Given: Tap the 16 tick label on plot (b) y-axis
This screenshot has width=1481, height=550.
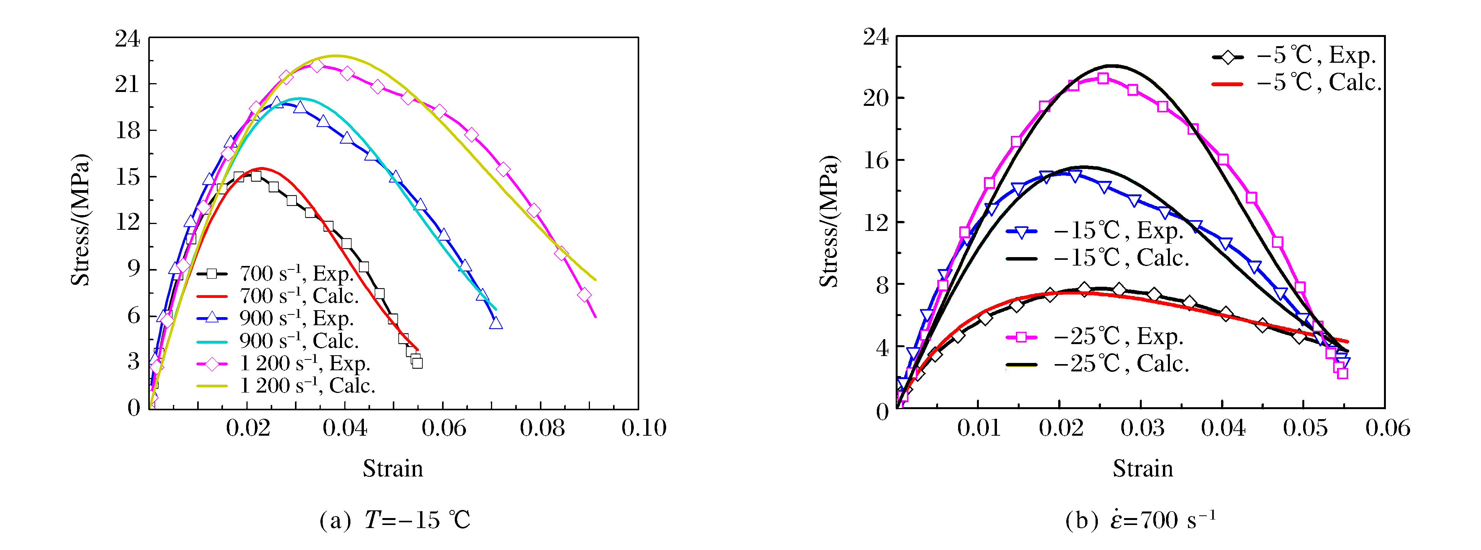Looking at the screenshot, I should point(876,160).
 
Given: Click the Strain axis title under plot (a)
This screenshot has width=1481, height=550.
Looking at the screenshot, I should point(393,469).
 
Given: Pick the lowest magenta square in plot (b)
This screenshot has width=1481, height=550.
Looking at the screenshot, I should point(1342,373).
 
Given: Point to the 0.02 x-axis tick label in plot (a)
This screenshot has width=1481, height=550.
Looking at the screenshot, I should point(247,428).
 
